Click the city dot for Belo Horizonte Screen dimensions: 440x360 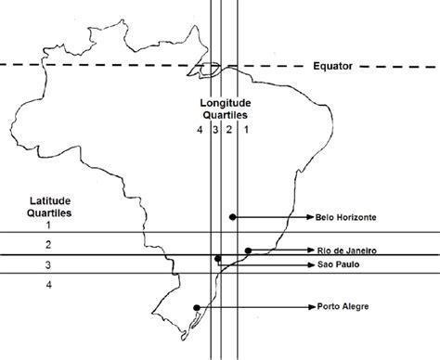click(x=232, y=217)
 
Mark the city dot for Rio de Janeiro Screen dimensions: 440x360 click(x=249, y=251)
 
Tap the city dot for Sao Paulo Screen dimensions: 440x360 click(x=217, y=259)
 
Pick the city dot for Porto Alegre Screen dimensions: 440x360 click(x=197, y=307)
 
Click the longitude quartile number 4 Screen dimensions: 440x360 click(x=200, y=130)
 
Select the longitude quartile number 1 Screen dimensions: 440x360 click(x=246, y=130)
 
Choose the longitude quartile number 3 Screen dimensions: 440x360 click(x=214, y=130)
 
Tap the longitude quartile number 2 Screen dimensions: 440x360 click(x=229, y=130)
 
